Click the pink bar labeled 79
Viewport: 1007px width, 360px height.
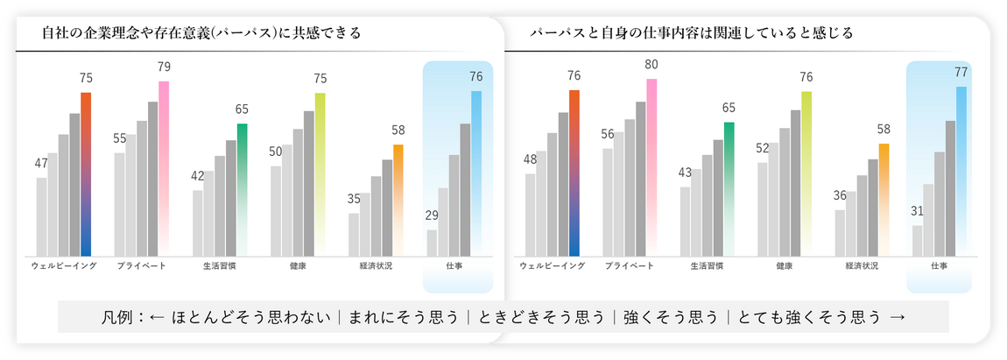[x=164, y=166]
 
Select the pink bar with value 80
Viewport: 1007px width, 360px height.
[x=651, y=166]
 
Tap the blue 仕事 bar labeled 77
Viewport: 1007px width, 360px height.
[x=961, y=171]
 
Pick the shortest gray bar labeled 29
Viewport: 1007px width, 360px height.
[x=432, y=243]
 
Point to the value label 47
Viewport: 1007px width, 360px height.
[x=41, y=163]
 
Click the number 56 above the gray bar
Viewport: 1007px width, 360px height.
[x=607, y=134]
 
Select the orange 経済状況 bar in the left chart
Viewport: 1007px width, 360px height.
[x=398, y=200]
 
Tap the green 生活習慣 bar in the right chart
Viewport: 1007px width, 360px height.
[x=729, y=188]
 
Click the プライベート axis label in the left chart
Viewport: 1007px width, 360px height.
[x=142, y=265]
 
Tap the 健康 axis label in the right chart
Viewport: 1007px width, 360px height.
[x=785, y=265]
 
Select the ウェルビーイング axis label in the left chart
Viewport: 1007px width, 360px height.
[x=63, y=265]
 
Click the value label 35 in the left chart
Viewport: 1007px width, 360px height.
[x=354, y=199]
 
